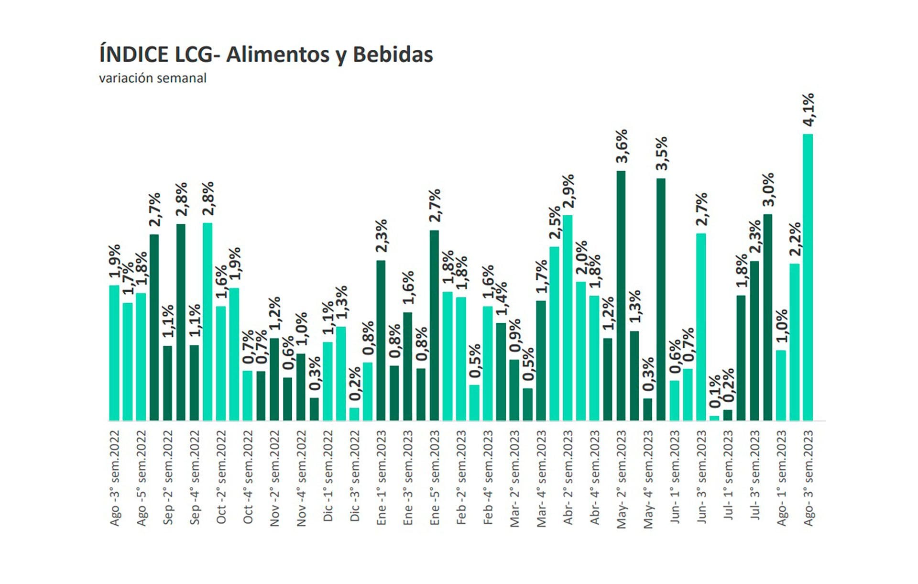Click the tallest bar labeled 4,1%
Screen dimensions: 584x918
pos(808,277)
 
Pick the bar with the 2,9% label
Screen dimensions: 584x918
pos(568,318)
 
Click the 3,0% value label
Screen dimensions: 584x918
pos(768,190)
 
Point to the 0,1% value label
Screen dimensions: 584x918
pos(715,392)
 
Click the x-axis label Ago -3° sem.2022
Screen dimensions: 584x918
pos(115,478)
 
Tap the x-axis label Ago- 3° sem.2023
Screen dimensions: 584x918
pos(808,478)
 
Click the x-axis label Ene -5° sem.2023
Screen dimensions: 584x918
pos(435,478)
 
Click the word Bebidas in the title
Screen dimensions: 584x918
pos(393,55)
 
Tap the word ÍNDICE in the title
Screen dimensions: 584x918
pos(134,55)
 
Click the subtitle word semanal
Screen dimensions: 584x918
pos(184,78)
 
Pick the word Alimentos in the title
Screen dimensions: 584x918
pos(278,55)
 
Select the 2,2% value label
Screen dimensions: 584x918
pos(795,239)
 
